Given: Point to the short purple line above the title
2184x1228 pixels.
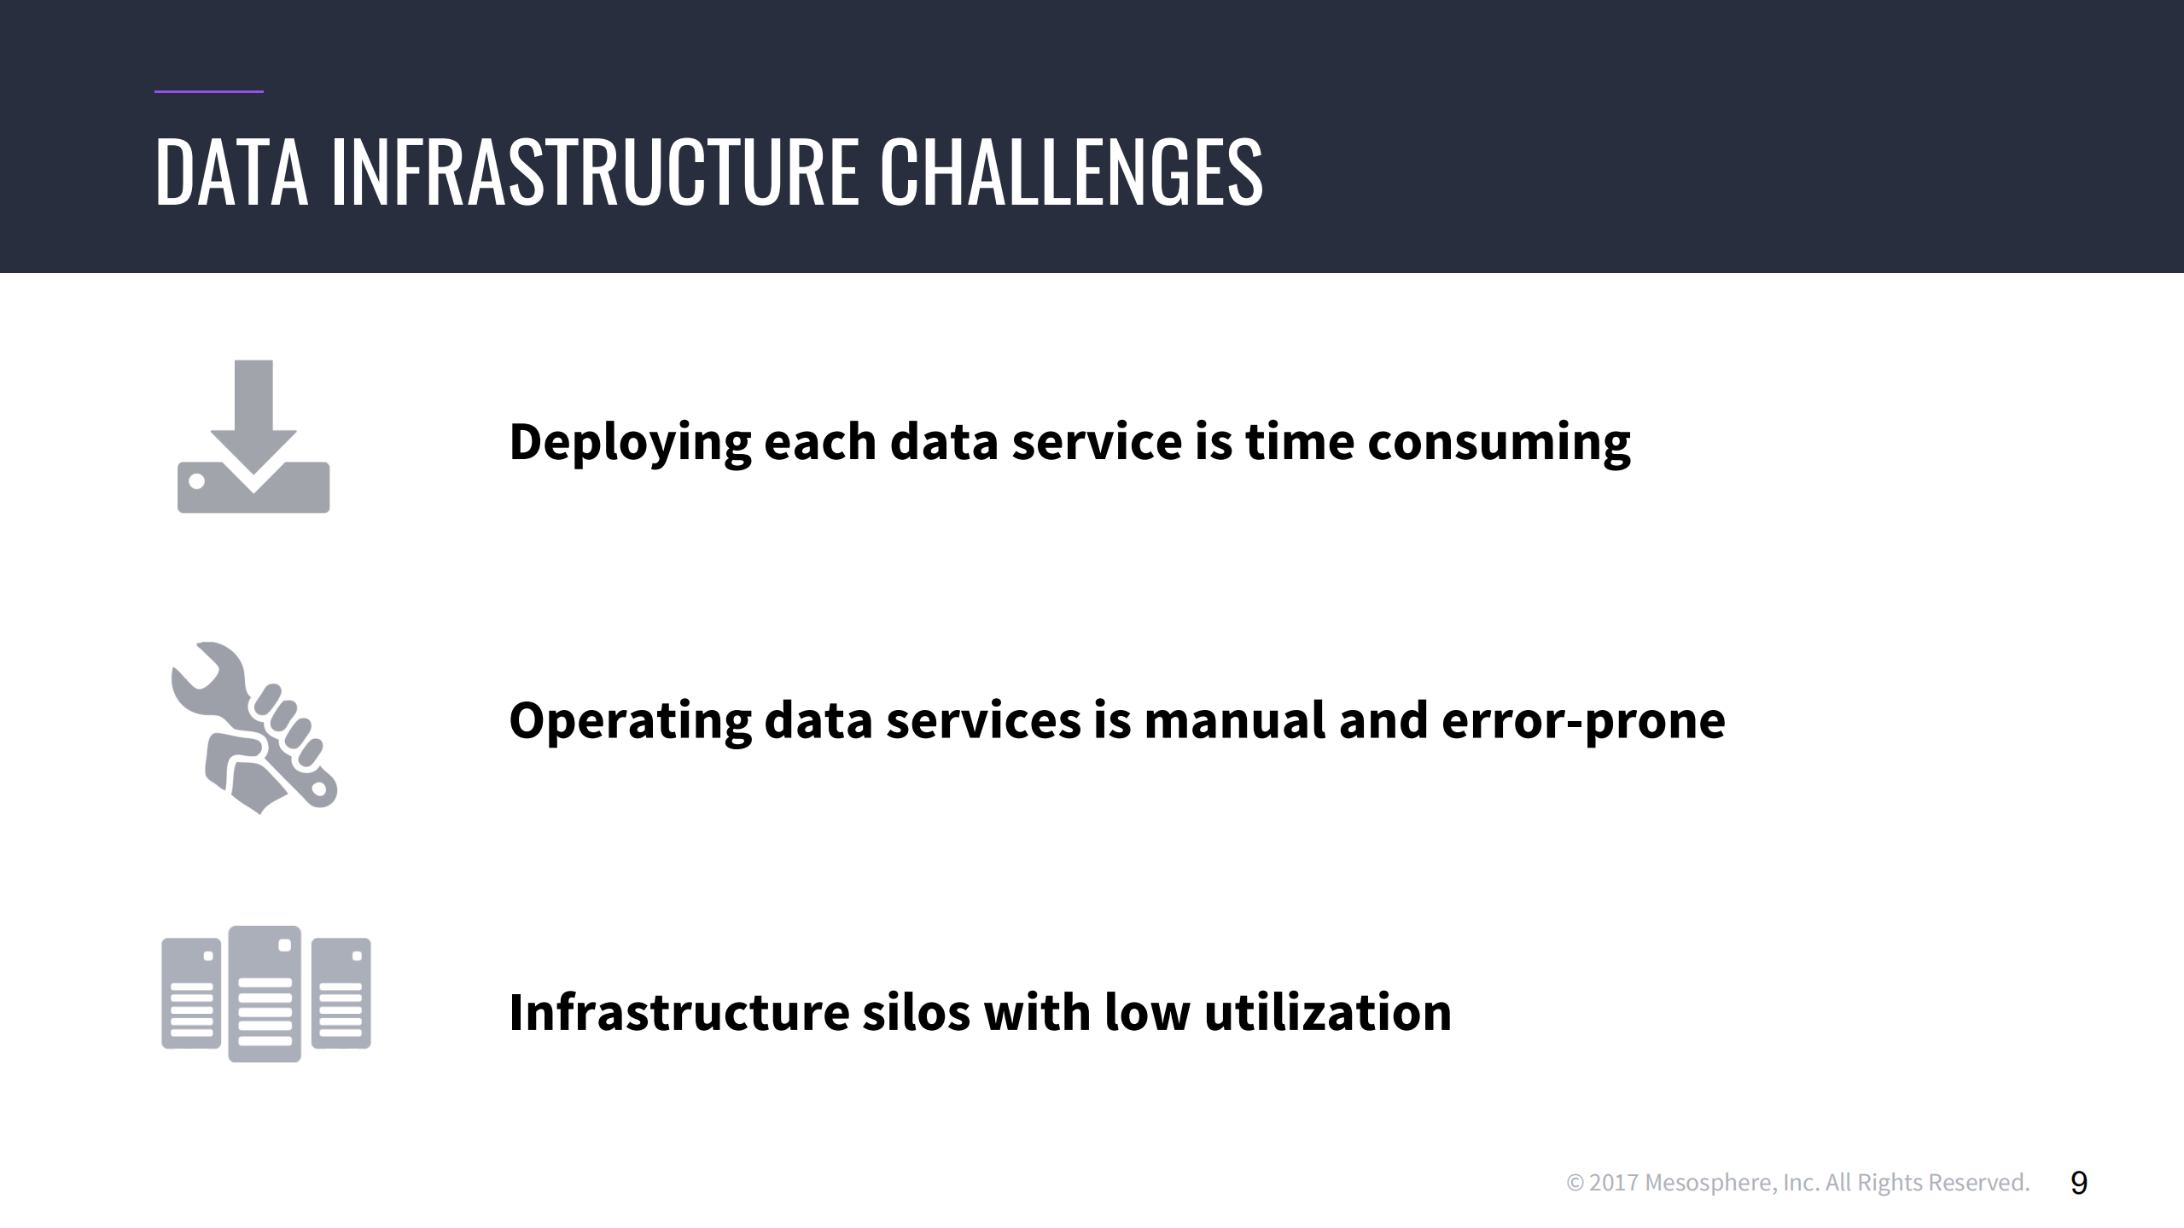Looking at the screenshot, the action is point(209,90).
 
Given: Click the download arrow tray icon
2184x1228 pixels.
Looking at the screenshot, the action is point(253,436).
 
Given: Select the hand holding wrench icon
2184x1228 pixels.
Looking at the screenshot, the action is point(254,728).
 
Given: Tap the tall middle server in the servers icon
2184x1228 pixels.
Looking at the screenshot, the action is point(265,993).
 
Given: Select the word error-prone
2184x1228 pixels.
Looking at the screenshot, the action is point(1583,721).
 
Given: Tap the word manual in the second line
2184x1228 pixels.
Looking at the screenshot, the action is point(1234,719).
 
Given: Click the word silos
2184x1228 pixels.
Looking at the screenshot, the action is point(916,1012).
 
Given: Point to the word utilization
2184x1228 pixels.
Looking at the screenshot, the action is point(1327,1012).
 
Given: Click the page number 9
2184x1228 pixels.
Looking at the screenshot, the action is point(2079,1183).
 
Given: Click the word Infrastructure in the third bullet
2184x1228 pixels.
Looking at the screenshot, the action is point(679,1012).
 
